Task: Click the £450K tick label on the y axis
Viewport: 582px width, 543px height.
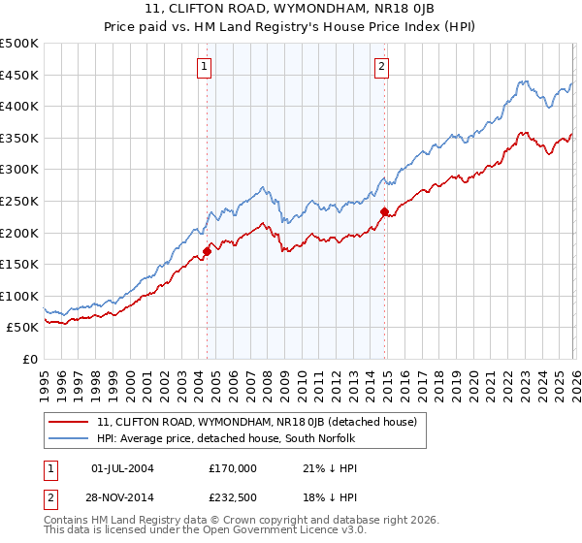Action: click(x=19, y=75)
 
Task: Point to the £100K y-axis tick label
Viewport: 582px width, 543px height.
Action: click(x=19, y=296)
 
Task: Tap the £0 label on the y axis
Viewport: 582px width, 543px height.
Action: click(x=30, y=359)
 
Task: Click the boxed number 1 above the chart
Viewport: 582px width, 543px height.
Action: click(x=206, y=67)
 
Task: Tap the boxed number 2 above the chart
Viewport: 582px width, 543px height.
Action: click(x=382, y=67)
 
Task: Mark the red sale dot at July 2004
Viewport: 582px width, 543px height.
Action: click(x=207, y=251)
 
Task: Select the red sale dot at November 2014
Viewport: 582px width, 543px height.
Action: click(x=384, y=211)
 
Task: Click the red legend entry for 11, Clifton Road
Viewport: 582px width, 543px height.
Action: click(x=257, y=422)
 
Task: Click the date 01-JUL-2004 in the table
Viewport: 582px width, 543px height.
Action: click(x=127, y=467)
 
